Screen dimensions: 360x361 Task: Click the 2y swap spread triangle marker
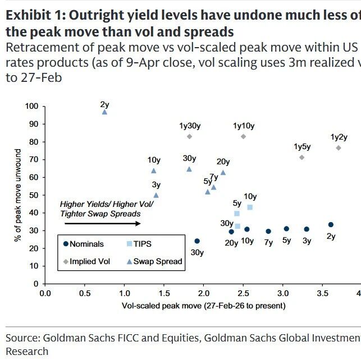104,112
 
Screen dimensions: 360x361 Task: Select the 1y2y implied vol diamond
339,147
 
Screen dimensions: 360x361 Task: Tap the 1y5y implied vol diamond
302,157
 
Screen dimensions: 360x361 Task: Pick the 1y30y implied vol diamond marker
189,136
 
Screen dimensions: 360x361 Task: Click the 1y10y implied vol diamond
243,136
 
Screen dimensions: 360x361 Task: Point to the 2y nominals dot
331,225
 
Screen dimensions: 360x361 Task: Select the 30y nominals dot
197,241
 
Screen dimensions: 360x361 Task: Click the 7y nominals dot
268,231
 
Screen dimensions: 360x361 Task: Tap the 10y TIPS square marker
250,207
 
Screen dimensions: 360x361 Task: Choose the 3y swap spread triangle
156,195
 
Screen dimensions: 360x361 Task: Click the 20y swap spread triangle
223,173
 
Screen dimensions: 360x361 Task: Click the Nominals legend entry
84,244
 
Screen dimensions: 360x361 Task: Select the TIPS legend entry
138,244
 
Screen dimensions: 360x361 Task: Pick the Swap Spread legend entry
157,261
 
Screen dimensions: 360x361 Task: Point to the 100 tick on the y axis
31,106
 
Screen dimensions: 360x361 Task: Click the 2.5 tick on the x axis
243,293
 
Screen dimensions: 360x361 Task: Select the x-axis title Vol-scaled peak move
203,306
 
